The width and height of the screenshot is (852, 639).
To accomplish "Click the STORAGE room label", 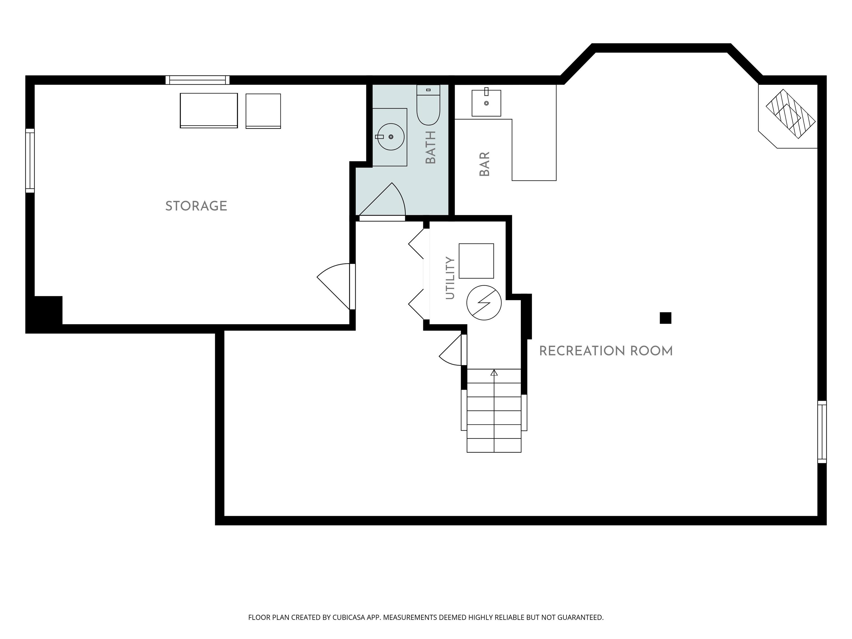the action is [x=196, y=206].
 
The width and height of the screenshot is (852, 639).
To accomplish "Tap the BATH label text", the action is [x=431, y=147].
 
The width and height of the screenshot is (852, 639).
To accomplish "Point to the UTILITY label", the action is [x=450, y=278].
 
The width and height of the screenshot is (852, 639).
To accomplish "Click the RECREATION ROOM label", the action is [x=606, y=351].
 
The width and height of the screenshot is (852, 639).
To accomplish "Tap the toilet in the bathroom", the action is [x=428, y=105].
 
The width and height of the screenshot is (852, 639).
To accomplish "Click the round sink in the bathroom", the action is [x=390, y=137].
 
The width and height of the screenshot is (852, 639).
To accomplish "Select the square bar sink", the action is [x=486, y=103].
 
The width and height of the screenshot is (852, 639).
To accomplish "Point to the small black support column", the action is [x=666, y=318].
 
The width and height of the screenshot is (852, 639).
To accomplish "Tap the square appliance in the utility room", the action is [x=476, y=261].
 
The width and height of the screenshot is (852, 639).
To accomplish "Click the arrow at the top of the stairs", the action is [x=494, y=373].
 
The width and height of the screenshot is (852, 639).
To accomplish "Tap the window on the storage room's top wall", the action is [x=197, y=80].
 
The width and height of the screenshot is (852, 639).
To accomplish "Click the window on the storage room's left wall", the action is [x=30, y=161].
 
